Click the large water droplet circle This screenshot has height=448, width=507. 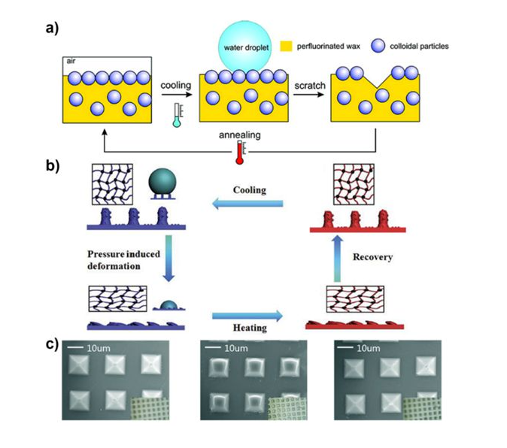coord(244,47)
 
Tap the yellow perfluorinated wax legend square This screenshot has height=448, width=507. coord(286,46)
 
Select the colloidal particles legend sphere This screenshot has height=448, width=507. coord(378,46)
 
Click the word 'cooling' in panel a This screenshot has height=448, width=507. coord(176,85)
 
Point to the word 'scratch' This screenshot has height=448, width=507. coord(310,86)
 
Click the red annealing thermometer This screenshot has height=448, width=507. coord(240,152)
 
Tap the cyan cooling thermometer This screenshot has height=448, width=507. coord(177,115)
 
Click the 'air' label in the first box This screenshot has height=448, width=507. coord(71,61)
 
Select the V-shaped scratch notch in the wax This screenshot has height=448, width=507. coord(377,80)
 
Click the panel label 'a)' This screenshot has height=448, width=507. coord(52,28)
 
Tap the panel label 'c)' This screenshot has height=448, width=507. coord(52,344)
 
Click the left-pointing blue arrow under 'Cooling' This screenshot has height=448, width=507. coord(247,204)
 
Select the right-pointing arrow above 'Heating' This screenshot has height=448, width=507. coord(247,316)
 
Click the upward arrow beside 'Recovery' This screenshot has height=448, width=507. coord(338,259)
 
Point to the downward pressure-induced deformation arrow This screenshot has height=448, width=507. coord(168,259)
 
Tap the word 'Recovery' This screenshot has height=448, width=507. coord(373,257)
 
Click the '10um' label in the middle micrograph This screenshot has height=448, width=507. coord(236,349)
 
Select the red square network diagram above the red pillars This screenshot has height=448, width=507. coord(354,184)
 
